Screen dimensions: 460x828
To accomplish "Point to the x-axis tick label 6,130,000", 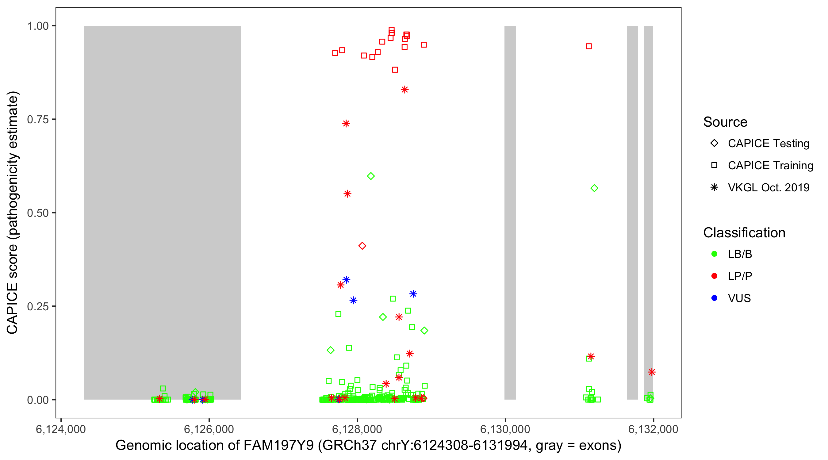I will tap(505, 429).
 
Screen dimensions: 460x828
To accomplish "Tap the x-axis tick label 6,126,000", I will tap(209, 429).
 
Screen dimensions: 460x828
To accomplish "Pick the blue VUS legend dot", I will tap(714, 298).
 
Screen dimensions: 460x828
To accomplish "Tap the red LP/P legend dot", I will tap(714, 276).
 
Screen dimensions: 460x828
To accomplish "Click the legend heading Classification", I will tap(744, 233).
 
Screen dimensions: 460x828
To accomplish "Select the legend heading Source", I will tap(725, 122).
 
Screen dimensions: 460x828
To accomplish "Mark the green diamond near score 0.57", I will tap(594, 188).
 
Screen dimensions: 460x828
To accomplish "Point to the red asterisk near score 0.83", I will tap(405, 90).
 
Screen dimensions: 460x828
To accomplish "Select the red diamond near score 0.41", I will tap(362, 246).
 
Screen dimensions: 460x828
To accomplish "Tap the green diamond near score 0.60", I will tap(371, 176).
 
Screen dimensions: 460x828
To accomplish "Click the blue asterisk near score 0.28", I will tap(413, 294).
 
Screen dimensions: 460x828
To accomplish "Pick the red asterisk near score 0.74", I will tap(346, 124).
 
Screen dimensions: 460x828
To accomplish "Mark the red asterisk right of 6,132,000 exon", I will tap(652, 372).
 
